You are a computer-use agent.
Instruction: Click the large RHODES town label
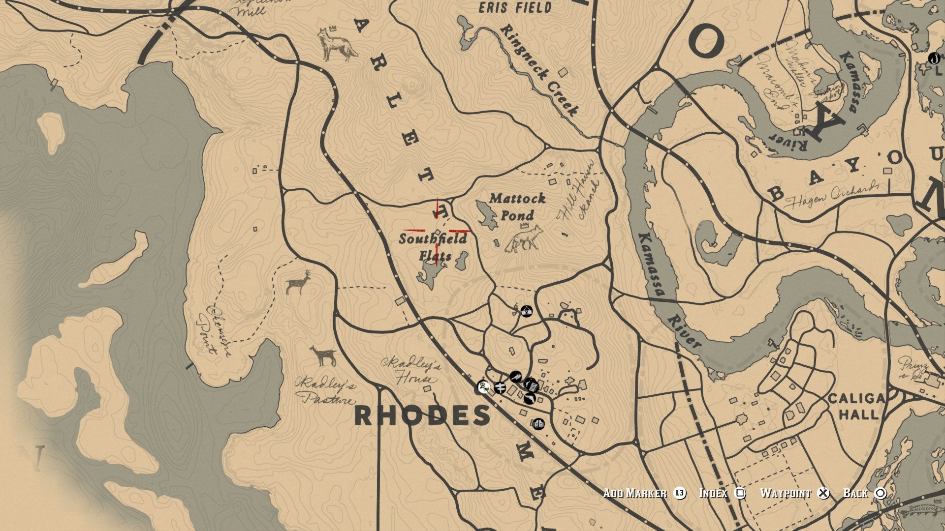[422, 416]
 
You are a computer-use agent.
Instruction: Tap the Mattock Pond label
[517, 206]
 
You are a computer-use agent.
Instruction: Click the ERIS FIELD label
[515, 8]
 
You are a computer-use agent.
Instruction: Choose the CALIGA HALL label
[856, 406]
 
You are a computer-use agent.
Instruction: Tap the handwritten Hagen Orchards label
[831, 195]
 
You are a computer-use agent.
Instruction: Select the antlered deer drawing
[299, 283]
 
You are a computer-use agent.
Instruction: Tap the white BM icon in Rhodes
[484, 387]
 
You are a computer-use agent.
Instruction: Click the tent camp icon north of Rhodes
[527, 311]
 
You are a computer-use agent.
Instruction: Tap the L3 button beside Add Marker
[680, 493]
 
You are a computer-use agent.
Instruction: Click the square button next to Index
[740, 493]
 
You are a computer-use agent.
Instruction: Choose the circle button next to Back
[881, 493]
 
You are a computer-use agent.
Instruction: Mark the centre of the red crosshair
[438, 230]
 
